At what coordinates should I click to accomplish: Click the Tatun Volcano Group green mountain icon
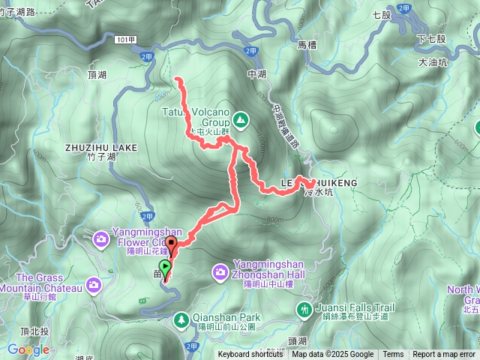(240, 118)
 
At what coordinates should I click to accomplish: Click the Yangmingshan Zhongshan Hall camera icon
(221, 271)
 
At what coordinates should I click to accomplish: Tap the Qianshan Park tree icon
(181, 321)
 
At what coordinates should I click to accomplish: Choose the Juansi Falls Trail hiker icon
(304, 308)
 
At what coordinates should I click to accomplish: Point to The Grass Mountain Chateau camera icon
(93, 284)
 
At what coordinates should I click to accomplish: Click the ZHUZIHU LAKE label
(101, 148)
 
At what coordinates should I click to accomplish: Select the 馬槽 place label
(307, 45)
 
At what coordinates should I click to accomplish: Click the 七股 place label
(382, 14)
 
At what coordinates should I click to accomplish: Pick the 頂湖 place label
(97, 75)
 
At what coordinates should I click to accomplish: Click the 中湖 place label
(256, 74)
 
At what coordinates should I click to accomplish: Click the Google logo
(28, 349)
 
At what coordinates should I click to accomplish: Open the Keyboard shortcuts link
(251, 355)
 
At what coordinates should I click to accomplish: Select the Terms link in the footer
(393, 355)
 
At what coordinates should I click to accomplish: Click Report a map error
(445, 355)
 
